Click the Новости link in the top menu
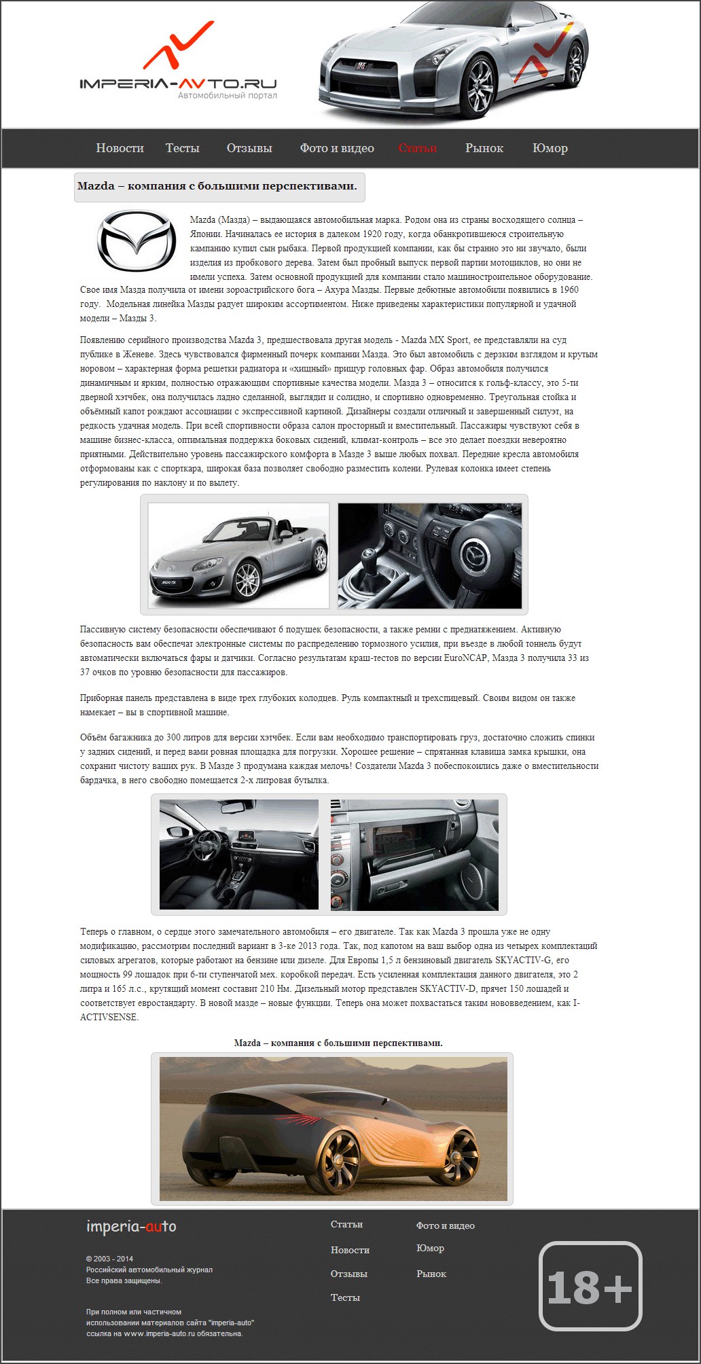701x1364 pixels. (x=120, y=148)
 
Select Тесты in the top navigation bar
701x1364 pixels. (x=182, y=148)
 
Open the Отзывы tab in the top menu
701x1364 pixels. (x=249, y=148)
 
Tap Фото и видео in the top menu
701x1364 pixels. (x=337, y=148)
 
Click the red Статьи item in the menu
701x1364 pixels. (x=418, y=148)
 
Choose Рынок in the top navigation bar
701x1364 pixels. (x=484, y=148)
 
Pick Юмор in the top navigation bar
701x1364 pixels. (x=550, y=148)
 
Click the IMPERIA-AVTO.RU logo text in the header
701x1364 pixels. (x=178, y=84)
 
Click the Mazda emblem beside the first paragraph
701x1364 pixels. (x=136, y=240)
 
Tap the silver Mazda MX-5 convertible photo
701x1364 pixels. (x=238, y=555)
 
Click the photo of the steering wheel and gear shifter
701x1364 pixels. (x=429, y=555)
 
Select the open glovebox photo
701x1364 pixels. (x=414, y=855)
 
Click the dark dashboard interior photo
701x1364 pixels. (x=238, y=855)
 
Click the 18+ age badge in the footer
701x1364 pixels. (x=590, y=1286)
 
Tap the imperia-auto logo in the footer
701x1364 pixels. (x=131, y=1226)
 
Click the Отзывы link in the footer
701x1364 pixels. (x=348, y=1274)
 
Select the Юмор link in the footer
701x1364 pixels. (x=430, y=1249)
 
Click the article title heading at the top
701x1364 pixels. (x=217, y=186)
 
